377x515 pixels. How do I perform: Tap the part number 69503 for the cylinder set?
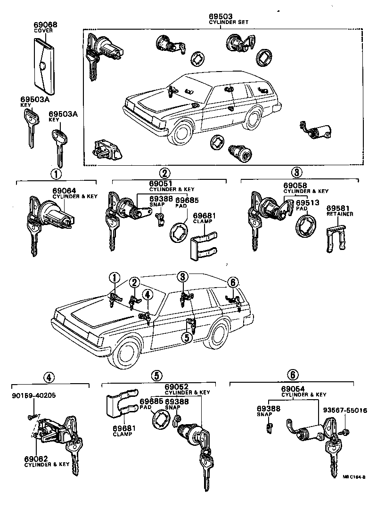tap(223, 16)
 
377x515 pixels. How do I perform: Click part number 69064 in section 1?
tap(63, 191)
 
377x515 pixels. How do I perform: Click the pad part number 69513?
tap(308, 202)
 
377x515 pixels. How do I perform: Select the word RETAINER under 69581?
tap(340, 214)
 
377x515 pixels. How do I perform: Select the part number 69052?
tap(177, 387)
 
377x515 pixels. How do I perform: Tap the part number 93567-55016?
tap(345, 410)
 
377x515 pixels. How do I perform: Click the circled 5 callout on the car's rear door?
tap(187, 337)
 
